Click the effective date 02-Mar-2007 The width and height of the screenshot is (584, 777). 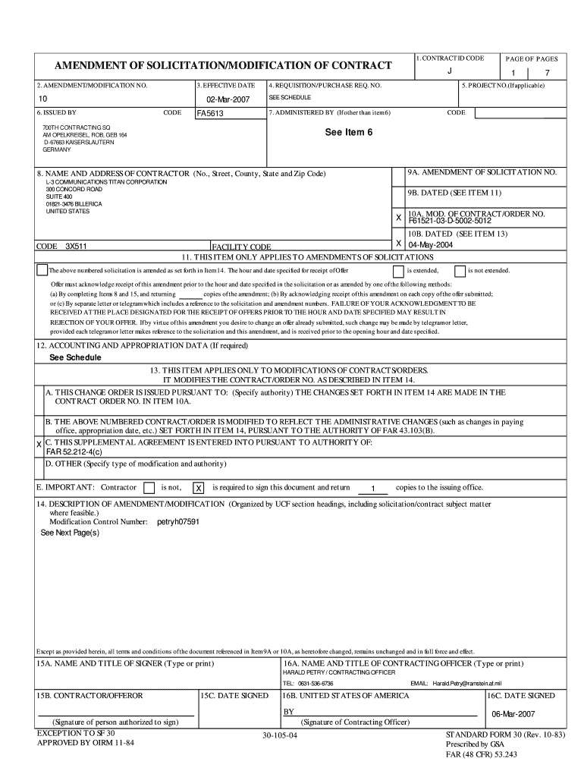pyautogui.click(x=228, y=100)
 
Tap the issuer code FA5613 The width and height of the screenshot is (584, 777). pyautogui.click(x=210, y=114)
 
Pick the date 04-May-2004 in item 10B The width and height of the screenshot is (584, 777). pyautogui.click(x=432, y=244)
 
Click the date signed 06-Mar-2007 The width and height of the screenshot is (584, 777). pyautogui.click(x=513, y=714)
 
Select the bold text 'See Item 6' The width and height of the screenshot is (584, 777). pyautogui.click(x=349, y=131)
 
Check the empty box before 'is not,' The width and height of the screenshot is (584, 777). pyautogui.click(x=149, y=488)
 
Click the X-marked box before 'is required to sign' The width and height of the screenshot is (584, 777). pyautogui.click(x=199, y=488)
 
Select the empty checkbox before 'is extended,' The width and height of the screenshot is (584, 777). pyautogui.click(x=398, y=271)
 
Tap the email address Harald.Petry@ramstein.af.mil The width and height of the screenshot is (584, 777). pyautogui.click(x=467, y=683)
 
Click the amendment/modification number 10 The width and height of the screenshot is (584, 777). pyautogui.click(x=42, y=99)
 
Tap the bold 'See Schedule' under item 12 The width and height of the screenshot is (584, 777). pyautogui.click(x=75, y=357)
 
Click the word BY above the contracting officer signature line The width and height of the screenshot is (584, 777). pyautogui.click(x=288, y=712)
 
